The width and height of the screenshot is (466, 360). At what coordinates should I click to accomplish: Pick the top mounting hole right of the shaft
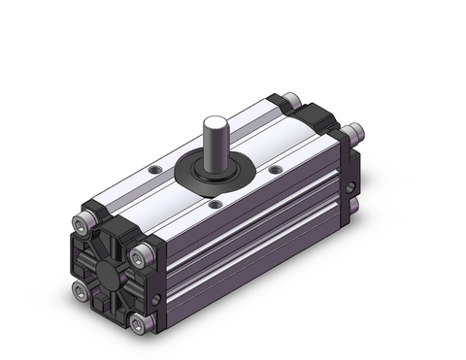[x=275, y=171]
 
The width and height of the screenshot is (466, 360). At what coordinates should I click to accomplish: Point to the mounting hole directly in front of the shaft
[x=216, y=204]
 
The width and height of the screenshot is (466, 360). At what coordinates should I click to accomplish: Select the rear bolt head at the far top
[x=288, y=98]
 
